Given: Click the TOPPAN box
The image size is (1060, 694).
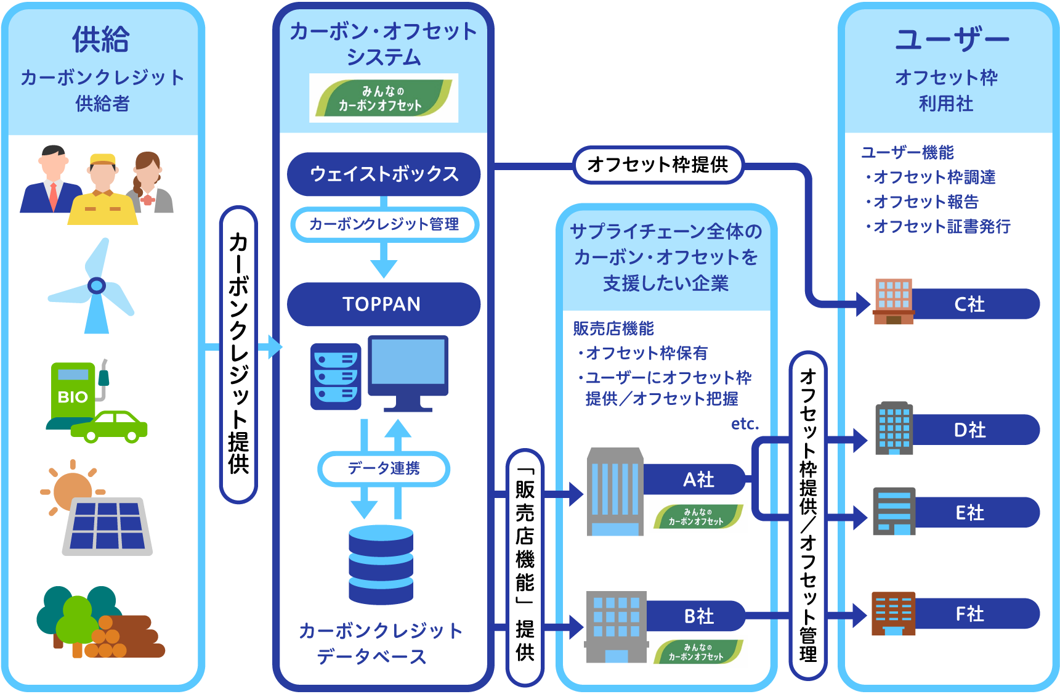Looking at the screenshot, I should point(383,304).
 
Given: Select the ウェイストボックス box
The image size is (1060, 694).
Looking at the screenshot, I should point(383,174).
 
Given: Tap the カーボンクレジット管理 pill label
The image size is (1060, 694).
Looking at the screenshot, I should point(384,224).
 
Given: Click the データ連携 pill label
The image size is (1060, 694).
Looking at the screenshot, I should point(383,468).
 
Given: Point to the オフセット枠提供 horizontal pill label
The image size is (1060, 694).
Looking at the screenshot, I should point(658,165).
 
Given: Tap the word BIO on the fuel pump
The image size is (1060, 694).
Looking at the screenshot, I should point(73,397).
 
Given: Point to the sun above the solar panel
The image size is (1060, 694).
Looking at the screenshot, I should point(71,490).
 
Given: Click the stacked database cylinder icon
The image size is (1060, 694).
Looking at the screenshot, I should point(381,565).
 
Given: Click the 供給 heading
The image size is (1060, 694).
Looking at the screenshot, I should point(101,39).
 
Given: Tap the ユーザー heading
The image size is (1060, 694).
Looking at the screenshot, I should point(951,39).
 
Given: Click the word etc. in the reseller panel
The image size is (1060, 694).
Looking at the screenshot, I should point(745,424).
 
